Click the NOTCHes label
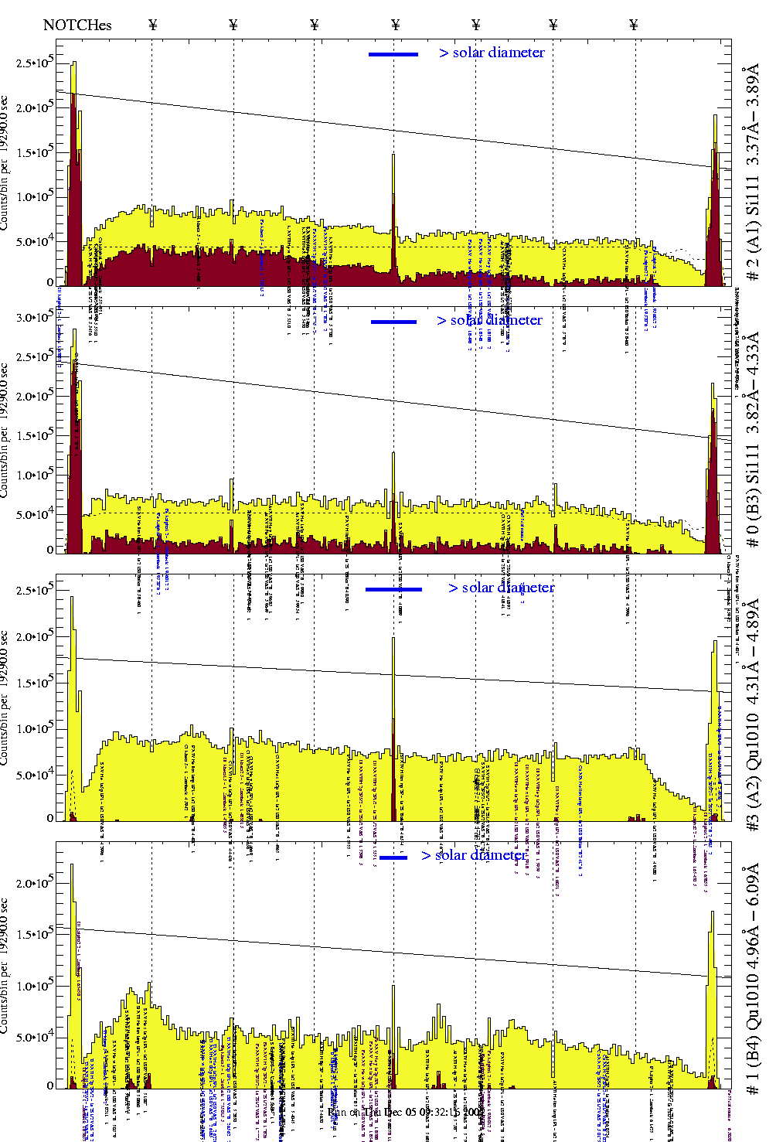(x=77, y=25)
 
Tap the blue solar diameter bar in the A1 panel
(x=393, y=54)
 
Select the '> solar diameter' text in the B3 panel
(x=489, y=320)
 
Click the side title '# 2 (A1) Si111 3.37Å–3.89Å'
(x=752, y=176)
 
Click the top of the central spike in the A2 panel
(x=393, y=639)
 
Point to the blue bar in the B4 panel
(x=393, y=857)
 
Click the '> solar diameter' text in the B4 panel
(x=475, y=855)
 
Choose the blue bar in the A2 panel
(x=393, y=589)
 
